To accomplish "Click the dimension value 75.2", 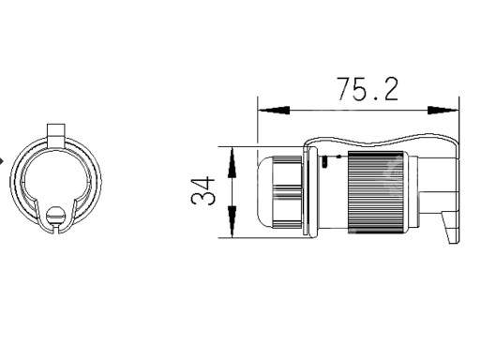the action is [367, 89].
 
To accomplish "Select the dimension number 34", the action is [203, 191].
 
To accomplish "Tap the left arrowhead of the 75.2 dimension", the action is [274, 111].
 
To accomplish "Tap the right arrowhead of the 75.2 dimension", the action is [443, 111].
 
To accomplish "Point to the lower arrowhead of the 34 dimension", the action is [233, 221].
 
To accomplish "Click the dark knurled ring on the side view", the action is [376, 192].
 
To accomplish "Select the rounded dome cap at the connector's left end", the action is [265, 192].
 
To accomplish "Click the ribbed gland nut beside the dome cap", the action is [287, 192].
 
